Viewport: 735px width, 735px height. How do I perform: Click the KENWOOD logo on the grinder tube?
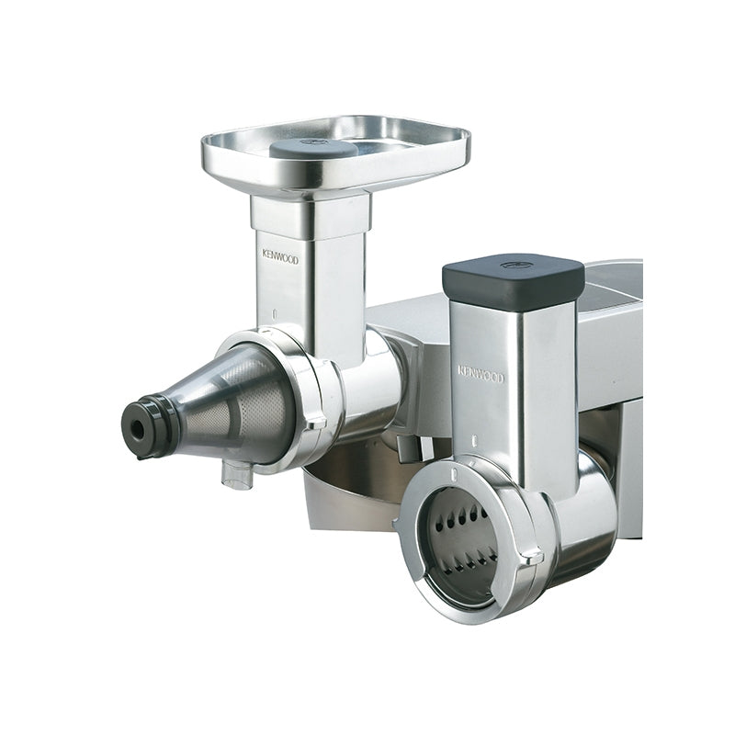click(280, 257)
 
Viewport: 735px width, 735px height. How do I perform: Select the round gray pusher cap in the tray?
click(313, 148)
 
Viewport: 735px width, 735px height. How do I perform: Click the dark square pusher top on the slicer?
click(514, 278)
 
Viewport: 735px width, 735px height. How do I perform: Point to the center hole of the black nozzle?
click(137, 428)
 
